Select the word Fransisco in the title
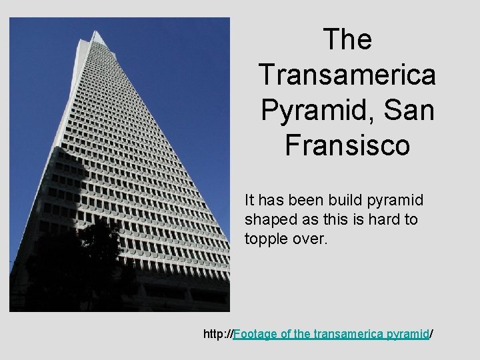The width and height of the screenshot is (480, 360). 347,145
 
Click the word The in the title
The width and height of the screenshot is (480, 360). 347,40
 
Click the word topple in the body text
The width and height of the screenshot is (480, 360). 265,238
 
